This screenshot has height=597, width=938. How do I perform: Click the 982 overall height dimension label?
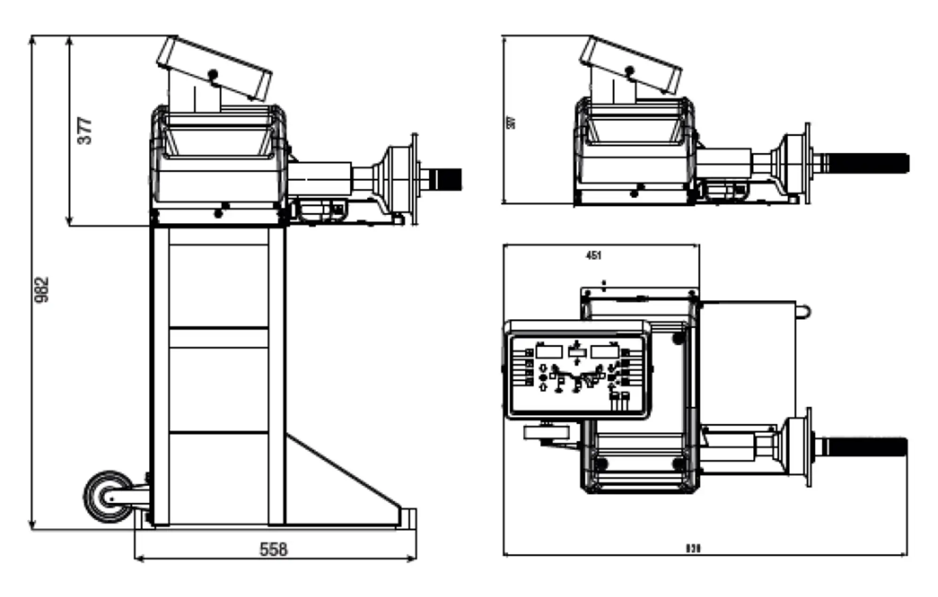pyautogui.click(x=42, y=290)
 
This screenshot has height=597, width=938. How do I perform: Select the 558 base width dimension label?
pyautogui.click(x=273, y=549)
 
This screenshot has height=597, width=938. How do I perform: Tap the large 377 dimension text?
pyautogui.click(x=85, y=131)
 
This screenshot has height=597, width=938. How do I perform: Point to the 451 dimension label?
pyautogui.click(x=593, y=255)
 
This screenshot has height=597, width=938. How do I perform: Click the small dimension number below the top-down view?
pyautogui.click(x=693, y=548)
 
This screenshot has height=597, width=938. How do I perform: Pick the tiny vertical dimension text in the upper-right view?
pyautogui.click(x=512, y=122)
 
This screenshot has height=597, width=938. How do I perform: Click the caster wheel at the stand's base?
pyautogui.click(x=109, y=497)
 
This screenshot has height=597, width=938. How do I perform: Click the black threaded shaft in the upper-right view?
pyautogui.click(x=868, y=163)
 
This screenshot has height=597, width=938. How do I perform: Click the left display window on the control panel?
pyautogui.click(x=549, y=351)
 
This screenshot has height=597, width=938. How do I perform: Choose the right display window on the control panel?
pyautogui.click(x=605, y=351)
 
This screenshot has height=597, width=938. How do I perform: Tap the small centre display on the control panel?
pyautogui.click(x=577, y=352)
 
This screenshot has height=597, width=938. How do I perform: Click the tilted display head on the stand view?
pyautogui.click(x=214, y=68)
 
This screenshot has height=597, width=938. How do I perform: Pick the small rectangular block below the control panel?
pyautogui.click(x=546, y=432)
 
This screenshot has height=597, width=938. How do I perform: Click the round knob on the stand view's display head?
pyautogui.click(x=213, y=74)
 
